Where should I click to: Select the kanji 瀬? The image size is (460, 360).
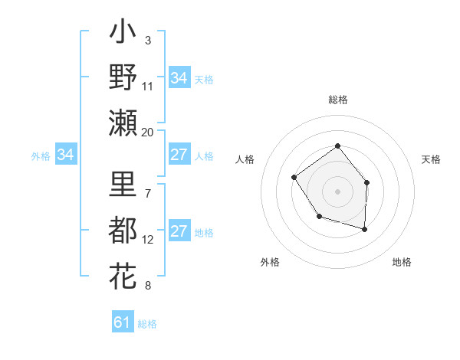click(123, 122)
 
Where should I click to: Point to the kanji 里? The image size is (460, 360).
click(123, 186)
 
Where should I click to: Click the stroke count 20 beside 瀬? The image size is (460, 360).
click(147, 132)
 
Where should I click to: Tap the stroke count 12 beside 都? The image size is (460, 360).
click(147, 240)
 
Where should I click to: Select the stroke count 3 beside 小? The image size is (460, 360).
click(147, 40)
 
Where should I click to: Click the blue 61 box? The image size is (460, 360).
click(122, 322)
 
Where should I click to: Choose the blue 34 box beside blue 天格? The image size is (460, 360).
click(179, 78)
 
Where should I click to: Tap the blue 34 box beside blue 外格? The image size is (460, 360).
click(65, 155)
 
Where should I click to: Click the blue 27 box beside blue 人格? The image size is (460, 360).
click(179, 155)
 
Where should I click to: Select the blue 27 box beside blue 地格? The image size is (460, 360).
click(179, 232)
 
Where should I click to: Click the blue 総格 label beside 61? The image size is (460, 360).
click(147, 324)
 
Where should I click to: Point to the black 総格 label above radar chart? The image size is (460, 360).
click(337, 100)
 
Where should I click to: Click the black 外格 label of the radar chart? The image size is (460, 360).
click(269, 262)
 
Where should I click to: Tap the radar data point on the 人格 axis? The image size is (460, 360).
click(294, 178)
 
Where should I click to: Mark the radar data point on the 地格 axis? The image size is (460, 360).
click(365, 229)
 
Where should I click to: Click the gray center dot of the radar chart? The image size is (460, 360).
click(337, 191)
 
